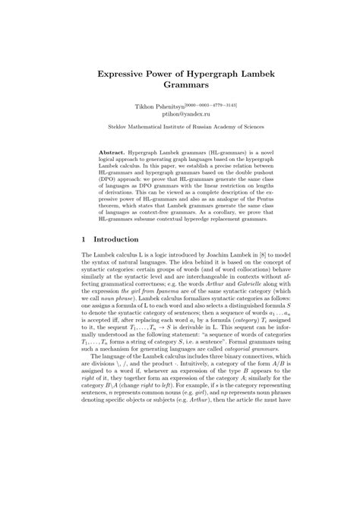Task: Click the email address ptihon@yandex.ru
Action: pyautogui.click(x=180, y=117)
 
